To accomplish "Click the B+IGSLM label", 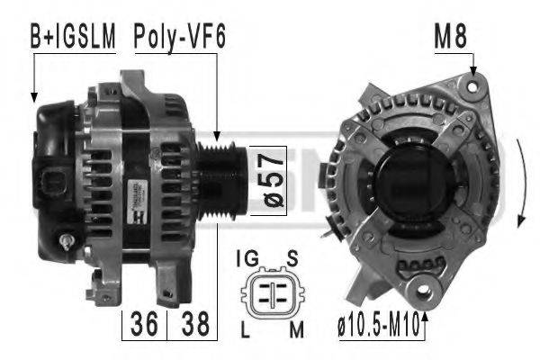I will (73, 37).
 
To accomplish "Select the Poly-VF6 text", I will (179, 37).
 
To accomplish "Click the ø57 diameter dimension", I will (270, 179).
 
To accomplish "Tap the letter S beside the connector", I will (292, 259).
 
